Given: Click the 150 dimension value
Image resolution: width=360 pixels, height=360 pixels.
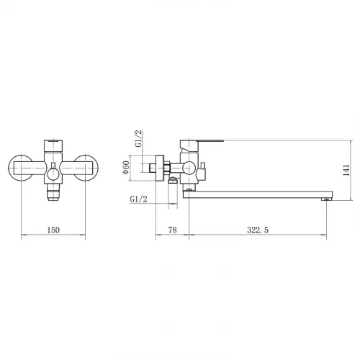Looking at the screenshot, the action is (x=53, y=230).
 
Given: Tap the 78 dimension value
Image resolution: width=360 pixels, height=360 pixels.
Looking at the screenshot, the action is (x=172, y=230).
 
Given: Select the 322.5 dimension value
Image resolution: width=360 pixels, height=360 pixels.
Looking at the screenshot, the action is (x=258, y=230).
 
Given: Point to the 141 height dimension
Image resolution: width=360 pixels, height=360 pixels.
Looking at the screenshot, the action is (x=346, y=170).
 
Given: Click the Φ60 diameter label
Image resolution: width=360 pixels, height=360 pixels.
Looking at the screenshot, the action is (x=126, y=168).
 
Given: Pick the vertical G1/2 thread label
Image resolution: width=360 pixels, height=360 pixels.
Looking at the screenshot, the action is (x=139, y=138).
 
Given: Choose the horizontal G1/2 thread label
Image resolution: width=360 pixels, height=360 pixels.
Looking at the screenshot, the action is (x=138, y=199).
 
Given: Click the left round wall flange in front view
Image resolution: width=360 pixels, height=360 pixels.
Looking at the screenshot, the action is (x=20, y=168).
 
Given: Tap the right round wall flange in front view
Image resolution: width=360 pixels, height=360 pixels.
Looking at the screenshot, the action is (x=86, y=168).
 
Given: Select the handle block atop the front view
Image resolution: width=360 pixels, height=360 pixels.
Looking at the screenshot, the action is (x=53, y=145).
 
